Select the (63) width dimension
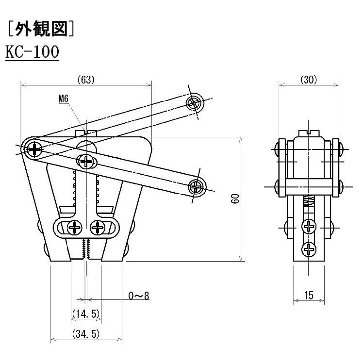coord(85,80)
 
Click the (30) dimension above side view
coord(308,80)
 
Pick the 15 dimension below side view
coord(308,295)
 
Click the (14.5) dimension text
coord(86,314)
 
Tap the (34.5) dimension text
coord(86,334)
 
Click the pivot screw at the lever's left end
coord(34,148)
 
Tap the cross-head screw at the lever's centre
coord(86,161)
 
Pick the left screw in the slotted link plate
coord(75,227)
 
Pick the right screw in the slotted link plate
coord(98,227)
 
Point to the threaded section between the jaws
coord(86,247)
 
